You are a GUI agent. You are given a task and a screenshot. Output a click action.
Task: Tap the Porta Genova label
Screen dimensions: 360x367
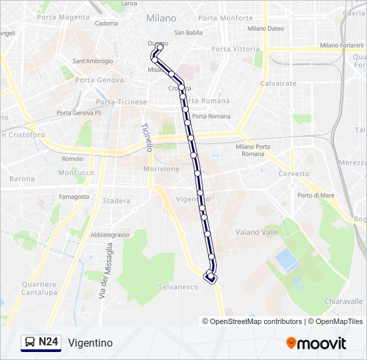pos(99,80)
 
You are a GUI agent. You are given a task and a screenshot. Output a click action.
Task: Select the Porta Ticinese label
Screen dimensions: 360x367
pos(121,102)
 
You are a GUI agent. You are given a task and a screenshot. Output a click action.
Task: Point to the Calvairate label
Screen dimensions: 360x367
pos(278,83)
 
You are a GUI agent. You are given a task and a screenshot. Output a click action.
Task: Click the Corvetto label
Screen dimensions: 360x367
pos(294,174)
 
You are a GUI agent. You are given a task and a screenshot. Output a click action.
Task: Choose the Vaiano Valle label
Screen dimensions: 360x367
pos(257,232)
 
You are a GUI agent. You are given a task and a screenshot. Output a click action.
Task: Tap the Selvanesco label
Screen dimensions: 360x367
pos(179,287)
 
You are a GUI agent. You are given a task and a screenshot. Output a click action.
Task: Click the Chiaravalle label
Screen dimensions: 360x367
pos(343,301)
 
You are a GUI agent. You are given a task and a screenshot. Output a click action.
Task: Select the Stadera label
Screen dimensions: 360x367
pos(117,201)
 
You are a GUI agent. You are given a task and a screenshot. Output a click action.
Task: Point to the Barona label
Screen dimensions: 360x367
pos(22,179)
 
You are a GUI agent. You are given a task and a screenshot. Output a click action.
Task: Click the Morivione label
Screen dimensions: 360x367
pos(161,169)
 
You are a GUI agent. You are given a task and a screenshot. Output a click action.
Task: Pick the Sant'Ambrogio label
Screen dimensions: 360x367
pos(91,61)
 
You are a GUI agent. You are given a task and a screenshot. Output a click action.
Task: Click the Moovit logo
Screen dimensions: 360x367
pos(316,343)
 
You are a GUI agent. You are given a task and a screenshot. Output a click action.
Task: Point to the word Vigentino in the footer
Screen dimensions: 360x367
pos(90,343)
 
